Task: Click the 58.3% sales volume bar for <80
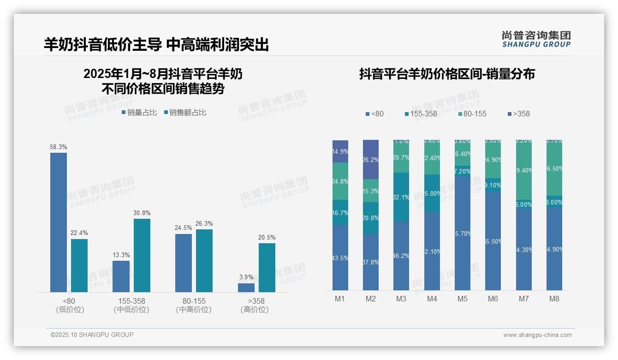pos(59,222)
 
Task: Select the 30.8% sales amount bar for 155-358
pos(142,255)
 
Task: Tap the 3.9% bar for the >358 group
pos(246,288)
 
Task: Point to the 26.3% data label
pos(204,224)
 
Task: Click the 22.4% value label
pos(79,233)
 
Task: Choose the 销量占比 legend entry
pos(139,113)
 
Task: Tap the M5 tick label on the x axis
pos(463,299)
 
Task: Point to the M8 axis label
pos(554,299)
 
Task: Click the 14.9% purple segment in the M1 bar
pos(340,151)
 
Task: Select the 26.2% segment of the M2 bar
pos(371,160)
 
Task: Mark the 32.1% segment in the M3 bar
pos(401,197)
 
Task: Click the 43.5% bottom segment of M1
pos(340,258)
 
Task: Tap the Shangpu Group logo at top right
pos(536,39)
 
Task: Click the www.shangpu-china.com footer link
pos(537,335)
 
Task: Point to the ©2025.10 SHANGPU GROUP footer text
pos(92,335)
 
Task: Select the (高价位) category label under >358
pos(255,310)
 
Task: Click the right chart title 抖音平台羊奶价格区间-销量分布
pos(447,74)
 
